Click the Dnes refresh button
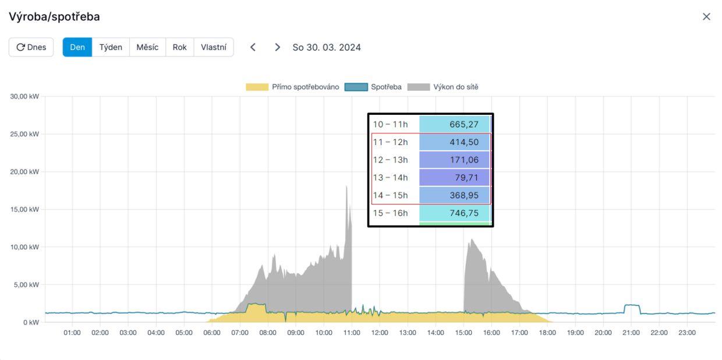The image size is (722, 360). [x=31, y=47]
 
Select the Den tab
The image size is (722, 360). [x=77, y=47]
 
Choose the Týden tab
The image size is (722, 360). [x=111, y=47]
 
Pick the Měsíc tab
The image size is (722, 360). [x=147, y=47]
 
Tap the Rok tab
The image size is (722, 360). [x=180, y=47]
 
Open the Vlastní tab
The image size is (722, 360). [x=214, y=47]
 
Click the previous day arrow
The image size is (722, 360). [x=253, y=47]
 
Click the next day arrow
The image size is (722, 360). [x=278, y=47]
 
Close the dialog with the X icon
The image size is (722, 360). [x=706, y=16]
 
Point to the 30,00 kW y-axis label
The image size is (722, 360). [x=24, y=96]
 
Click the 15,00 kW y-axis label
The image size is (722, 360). [x=24, y=209]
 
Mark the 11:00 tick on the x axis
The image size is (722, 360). [x=352, y=333]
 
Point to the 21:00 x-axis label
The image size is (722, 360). [x=631, y=333]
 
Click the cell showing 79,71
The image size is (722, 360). [x=455, y=178]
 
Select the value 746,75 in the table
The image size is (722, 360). [x=455, y=213]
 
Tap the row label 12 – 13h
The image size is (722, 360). [x=391, y=160]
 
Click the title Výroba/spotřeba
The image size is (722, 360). [x=54, y=16]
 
